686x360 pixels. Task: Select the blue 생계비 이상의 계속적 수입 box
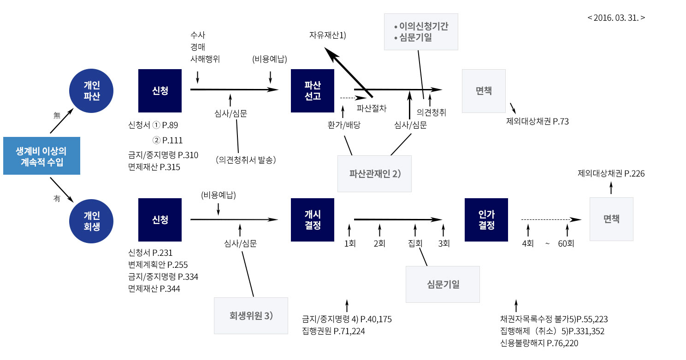pos(41,156)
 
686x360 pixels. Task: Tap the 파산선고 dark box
pos(312,90)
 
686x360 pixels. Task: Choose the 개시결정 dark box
pos(312,220)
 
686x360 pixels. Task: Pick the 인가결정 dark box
pos(486,220)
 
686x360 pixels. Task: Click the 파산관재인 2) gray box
pos(374,173)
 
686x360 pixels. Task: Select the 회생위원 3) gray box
pos(251,316)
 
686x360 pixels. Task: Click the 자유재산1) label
pos(327,35)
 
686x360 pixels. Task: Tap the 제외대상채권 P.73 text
pos(538,122)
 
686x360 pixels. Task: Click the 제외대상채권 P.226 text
pos(611,173)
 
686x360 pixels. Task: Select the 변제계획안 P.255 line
pos(158,265)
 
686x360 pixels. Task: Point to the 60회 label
pos(566,243)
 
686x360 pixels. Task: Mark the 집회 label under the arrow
pos(415,243)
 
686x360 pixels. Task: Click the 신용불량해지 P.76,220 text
pos(539,343)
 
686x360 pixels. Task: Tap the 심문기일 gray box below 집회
pos(443,284)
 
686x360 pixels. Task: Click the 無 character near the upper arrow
pos(57,116)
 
